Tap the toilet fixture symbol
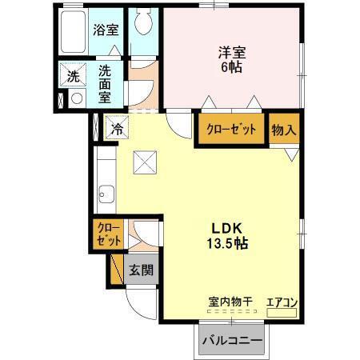[144, 23]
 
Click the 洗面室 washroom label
[105, 83]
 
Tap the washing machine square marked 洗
[73, 78]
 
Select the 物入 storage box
[282, 130]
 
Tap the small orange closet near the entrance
[107, 234]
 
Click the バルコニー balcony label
[232, 340]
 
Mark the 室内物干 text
[230, 302]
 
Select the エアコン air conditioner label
[282, 302]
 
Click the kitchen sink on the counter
[105, 193]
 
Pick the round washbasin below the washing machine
[77, 99]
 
